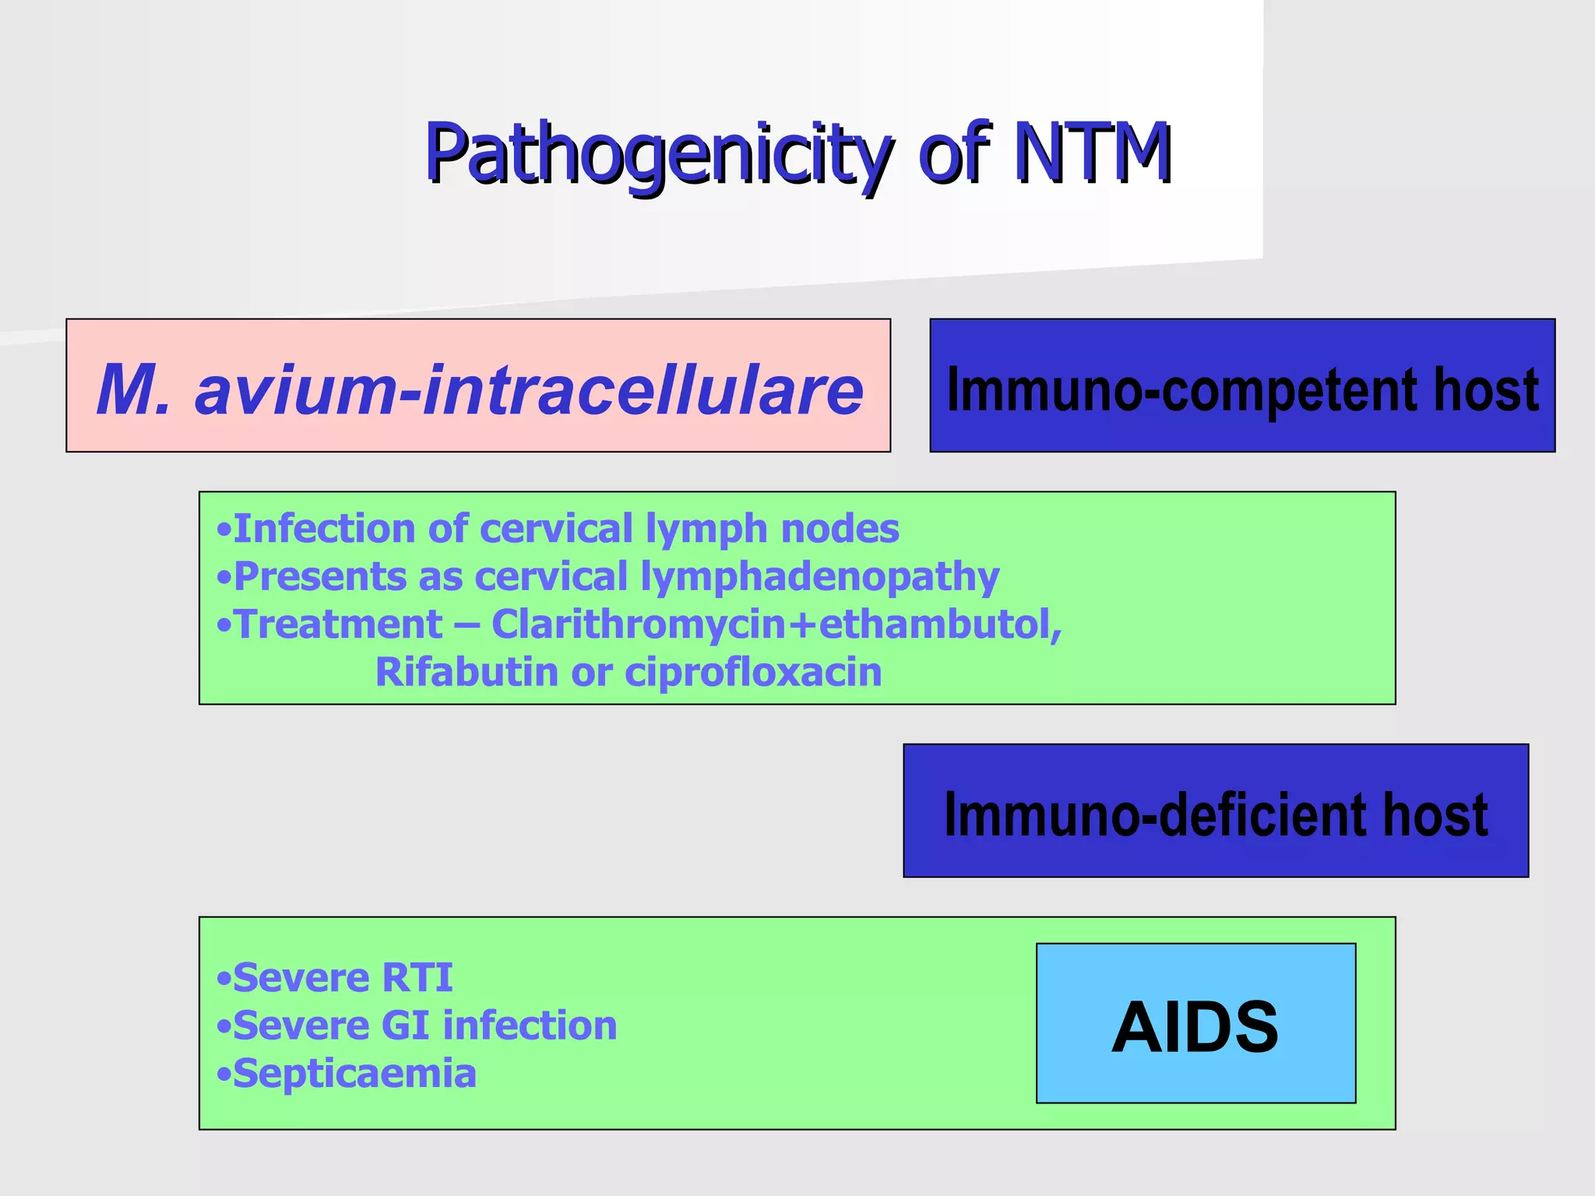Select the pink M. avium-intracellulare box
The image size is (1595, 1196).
coord(478,386)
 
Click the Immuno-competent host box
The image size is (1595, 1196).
coord(1242,386)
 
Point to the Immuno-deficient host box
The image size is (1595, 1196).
coord(1215,811)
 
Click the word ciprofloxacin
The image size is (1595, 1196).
coord(753,672)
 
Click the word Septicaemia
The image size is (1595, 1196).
coord(354,1074)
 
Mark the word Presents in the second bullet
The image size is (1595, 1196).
coord(319,577)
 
